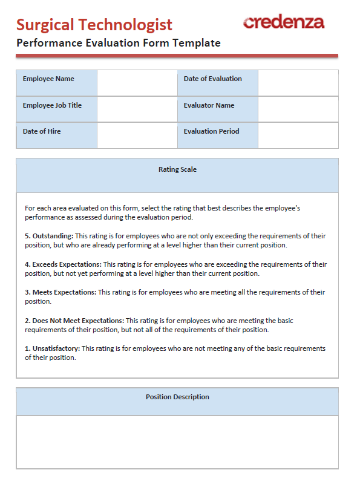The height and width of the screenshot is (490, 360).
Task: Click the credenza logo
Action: point(283,22)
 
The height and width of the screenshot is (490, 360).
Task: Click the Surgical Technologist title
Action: point(94,25)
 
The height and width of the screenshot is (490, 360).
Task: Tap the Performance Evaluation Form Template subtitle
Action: point(119,43)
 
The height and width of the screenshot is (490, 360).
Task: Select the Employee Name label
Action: point(48,79)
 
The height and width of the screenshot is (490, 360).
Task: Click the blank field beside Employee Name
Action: point(137,83)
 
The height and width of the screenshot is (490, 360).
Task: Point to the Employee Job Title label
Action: point(52,106)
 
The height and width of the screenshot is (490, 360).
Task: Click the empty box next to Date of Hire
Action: point(137,135)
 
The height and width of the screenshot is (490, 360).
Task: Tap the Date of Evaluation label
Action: point(212,79)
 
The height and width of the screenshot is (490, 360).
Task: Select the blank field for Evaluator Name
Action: point(298,109)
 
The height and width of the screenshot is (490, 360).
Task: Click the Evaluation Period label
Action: point(211,131)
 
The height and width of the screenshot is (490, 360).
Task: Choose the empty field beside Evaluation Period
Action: point(298,135)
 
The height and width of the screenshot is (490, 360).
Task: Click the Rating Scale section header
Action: point(177,170)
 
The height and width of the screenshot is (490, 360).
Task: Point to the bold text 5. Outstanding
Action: point(49,236)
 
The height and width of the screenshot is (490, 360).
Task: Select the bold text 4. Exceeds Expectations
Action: point(63,264)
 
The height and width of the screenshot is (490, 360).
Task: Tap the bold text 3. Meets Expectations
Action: point(61,293)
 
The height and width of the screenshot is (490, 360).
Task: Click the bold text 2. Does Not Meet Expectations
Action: point(74,321)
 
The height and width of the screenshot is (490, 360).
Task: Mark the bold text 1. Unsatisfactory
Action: point(52,349)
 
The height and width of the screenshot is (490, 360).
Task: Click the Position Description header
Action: point(177,397)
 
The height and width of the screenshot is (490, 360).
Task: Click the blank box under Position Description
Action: point(177,442)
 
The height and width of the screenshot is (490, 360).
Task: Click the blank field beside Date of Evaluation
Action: point(298,83)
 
